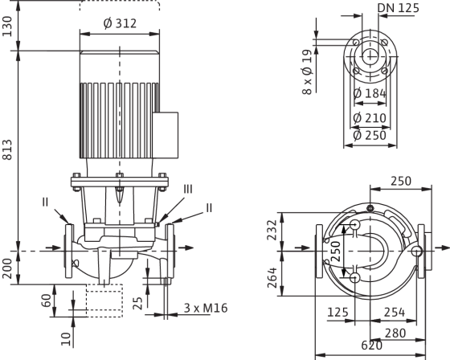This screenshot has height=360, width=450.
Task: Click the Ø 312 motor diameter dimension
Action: (120, 23)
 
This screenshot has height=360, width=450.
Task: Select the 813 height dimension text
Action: (7, 149)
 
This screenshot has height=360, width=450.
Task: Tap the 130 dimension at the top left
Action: (7, 27)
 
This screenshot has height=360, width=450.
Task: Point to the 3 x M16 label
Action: (206, 308)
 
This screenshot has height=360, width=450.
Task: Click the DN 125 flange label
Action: (399, 8)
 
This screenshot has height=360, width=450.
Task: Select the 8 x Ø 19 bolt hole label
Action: (307, 72)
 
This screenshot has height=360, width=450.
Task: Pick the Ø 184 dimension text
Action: (370, 93)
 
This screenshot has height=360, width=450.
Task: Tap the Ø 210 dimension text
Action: (370, 118)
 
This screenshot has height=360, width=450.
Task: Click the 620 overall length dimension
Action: (371, 346)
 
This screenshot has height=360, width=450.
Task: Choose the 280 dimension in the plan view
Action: (395, 333)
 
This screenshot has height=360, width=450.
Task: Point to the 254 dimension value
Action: (395, 313)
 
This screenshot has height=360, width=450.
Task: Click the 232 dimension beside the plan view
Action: (272, 230)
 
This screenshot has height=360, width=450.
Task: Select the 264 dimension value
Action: (272, 277)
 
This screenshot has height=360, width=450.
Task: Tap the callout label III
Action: (188, 190)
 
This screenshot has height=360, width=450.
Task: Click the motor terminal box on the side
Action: (166, 135)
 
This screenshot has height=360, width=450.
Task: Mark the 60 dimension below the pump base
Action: (47, 301)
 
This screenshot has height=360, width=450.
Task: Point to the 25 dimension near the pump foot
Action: (137, 304)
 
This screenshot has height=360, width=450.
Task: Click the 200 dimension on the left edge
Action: (7, 268)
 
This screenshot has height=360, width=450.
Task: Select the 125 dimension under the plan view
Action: (338, 313)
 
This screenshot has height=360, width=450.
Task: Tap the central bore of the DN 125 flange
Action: (370, 56)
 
